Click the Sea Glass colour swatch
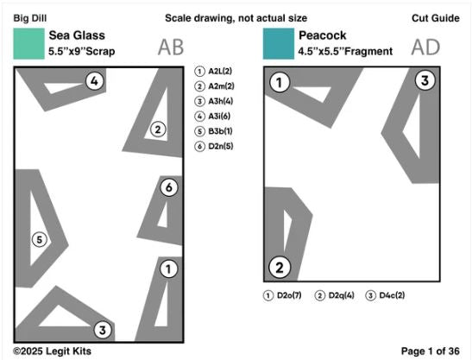point(28,44)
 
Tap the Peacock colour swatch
point(279,44)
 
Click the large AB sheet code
point(171,47)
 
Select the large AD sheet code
point(425,47)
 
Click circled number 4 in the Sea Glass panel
point(95,81)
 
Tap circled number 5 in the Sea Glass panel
point(40,240)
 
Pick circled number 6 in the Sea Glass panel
point(169,187)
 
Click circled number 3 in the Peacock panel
point(425,81)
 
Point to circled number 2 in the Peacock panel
point(280,268)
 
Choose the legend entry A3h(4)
point(214,101)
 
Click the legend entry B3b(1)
point(214,131)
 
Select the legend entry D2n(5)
point(214,147)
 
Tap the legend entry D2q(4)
point(335,295)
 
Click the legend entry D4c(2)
point(386,295)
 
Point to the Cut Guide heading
point(436,18)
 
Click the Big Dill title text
point(30,18)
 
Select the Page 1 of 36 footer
point(431,351)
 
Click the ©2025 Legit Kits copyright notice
point(52,351)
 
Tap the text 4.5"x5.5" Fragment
point(345,52)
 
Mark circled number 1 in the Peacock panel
point(280,82)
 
